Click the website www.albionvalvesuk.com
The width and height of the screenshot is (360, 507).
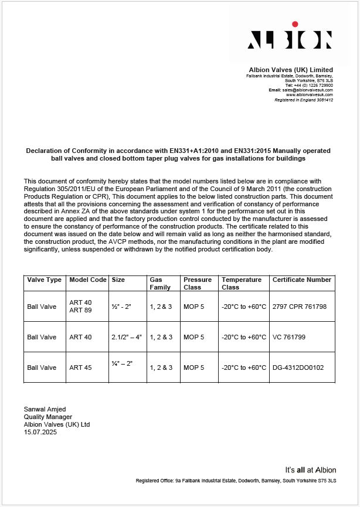[x=309, y=94]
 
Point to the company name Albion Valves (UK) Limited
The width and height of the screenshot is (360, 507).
[x=291, y=70]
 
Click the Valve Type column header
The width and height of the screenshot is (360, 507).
[x=45, y=280]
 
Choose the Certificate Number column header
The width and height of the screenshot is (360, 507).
[x=301, y=280]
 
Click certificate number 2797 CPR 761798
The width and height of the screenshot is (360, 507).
[x=299, y=307]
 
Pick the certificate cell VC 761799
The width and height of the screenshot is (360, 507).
[x=290, y=337]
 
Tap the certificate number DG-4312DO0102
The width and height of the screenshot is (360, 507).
[x=298, y=368]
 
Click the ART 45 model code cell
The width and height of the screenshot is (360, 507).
[x=79, y=368]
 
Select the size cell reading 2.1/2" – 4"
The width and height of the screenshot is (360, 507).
[x=127, y=337]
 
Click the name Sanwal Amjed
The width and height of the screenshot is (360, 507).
[x=45, y=409]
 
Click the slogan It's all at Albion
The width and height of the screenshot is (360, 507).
[x=311, y=469]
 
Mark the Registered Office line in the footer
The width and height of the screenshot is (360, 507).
[x=236, y=481]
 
